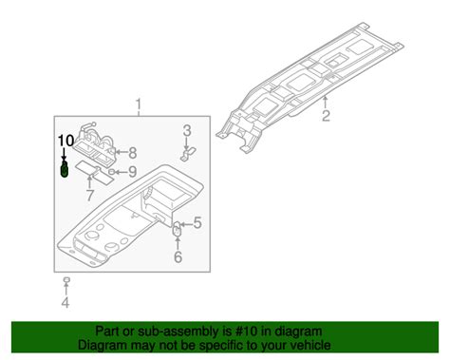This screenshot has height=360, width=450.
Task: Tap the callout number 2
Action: click(x=325, y=117)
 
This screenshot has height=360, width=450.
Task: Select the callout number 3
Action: click(x=188, y=130)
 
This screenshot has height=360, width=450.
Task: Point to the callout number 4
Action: click(x=66, y=303)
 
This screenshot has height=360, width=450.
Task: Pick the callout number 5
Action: click(x=198, y=223)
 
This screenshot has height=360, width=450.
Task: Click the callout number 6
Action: click(x=177, y=256)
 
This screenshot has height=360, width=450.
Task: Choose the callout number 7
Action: click(x=90, y=196)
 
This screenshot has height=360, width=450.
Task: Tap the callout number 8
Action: click(x=133, y=152)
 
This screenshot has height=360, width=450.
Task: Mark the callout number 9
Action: click(x=133, y=172)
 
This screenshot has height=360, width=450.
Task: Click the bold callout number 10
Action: click(x=64, y=141)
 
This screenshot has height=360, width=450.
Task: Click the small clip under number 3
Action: click(x=188, y=150)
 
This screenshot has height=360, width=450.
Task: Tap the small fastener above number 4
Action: click(x=66, y=281)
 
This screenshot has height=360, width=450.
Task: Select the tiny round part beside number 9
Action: click(x=114, y=172)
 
